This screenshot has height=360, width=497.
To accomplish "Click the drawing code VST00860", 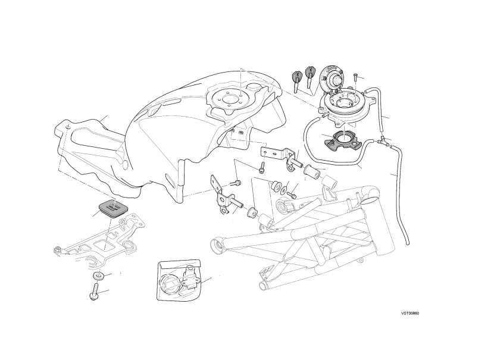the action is coord(410,314).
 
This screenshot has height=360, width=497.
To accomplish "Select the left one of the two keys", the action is coord(296,80).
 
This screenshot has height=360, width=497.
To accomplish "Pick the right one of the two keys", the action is coord(310,76).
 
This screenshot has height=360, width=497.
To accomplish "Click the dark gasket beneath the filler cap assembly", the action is coord(342,140).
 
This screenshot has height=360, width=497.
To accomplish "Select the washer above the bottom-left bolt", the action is coord(99,276).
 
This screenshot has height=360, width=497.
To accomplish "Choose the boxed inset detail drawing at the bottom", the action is coord(179,280).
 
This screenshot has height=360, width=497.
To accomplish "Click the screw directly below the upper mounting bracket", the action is coord(261,168).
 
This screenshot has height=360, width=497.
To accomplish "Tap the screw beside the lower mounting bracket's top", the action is coord(236,183).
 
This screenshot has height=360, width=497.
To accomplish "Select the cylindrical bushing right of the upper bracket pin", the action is coord(310,171).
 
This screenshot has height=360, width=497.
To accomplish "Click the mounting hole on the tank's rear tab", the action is coord(67,127).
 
